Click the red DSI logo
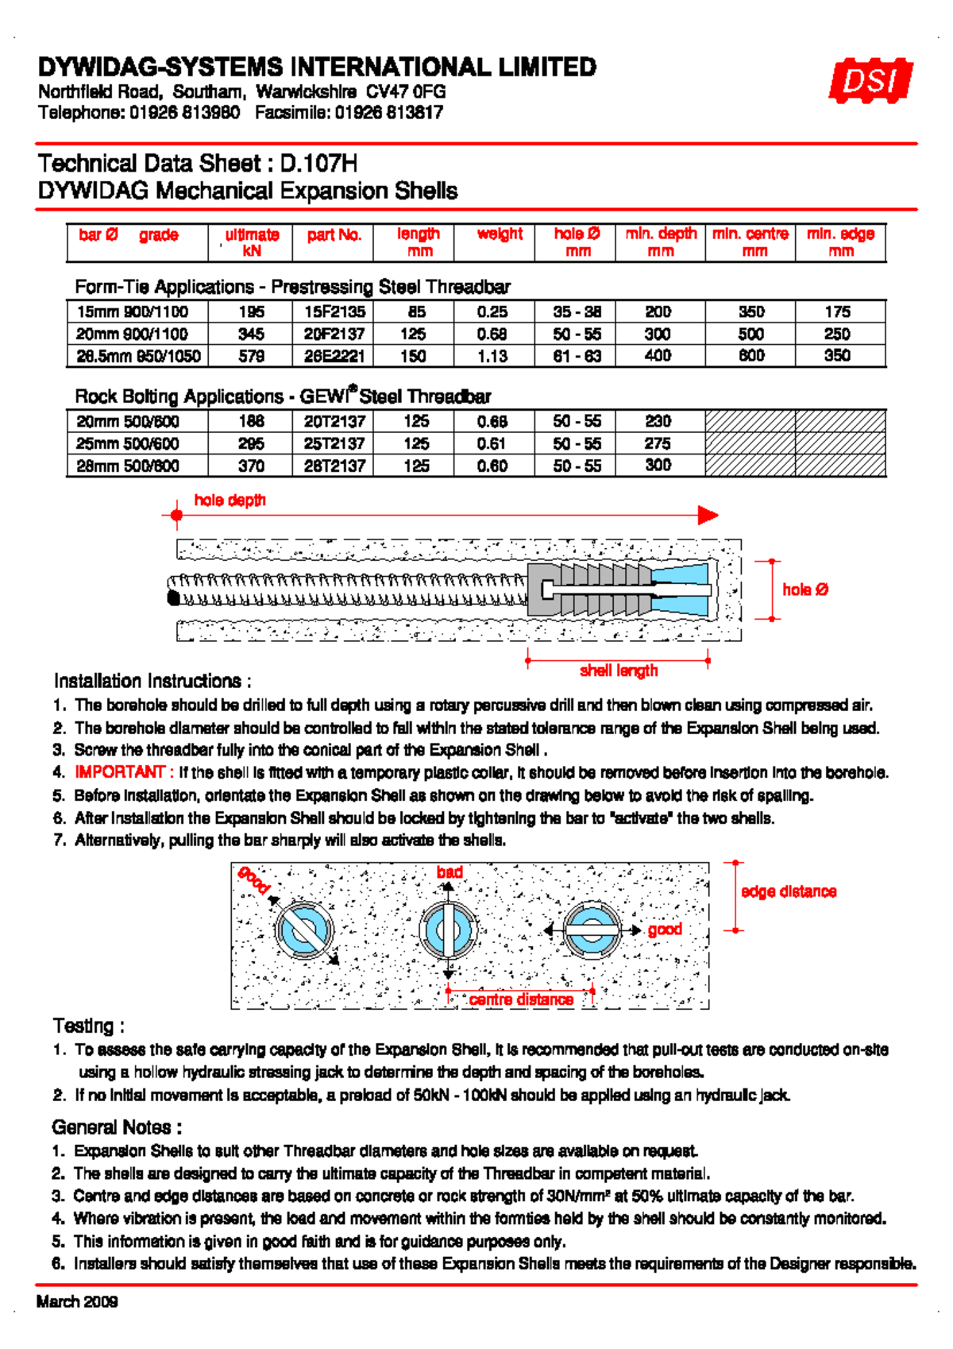point(870,80)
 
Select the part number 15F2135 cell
point(334,311)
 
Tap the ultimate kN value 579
point(251,356)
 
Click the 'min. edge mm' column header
point(840,242)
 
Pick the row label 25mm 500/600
point(128,443)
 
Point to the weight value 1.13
point(492,356)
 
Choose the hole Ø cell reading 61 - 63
point(577,356)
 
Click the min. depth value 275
point(658,443)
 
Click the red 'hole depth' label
point(230,500)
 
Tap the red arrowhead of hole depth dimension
point(708,515)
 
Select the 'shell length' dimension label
point(619,671)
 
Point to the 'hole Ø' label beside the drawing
point(805,589)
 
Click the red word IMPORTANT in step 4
point(119,772)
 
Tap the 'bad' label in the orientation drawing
point(449,872)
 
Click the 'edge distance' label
point(789,891)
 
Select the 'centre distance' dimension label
point(521,999)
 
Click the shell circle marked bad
point(449,930)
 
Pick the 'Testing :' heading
point(88,1026)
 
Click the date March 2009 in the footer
point(77,1301)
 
